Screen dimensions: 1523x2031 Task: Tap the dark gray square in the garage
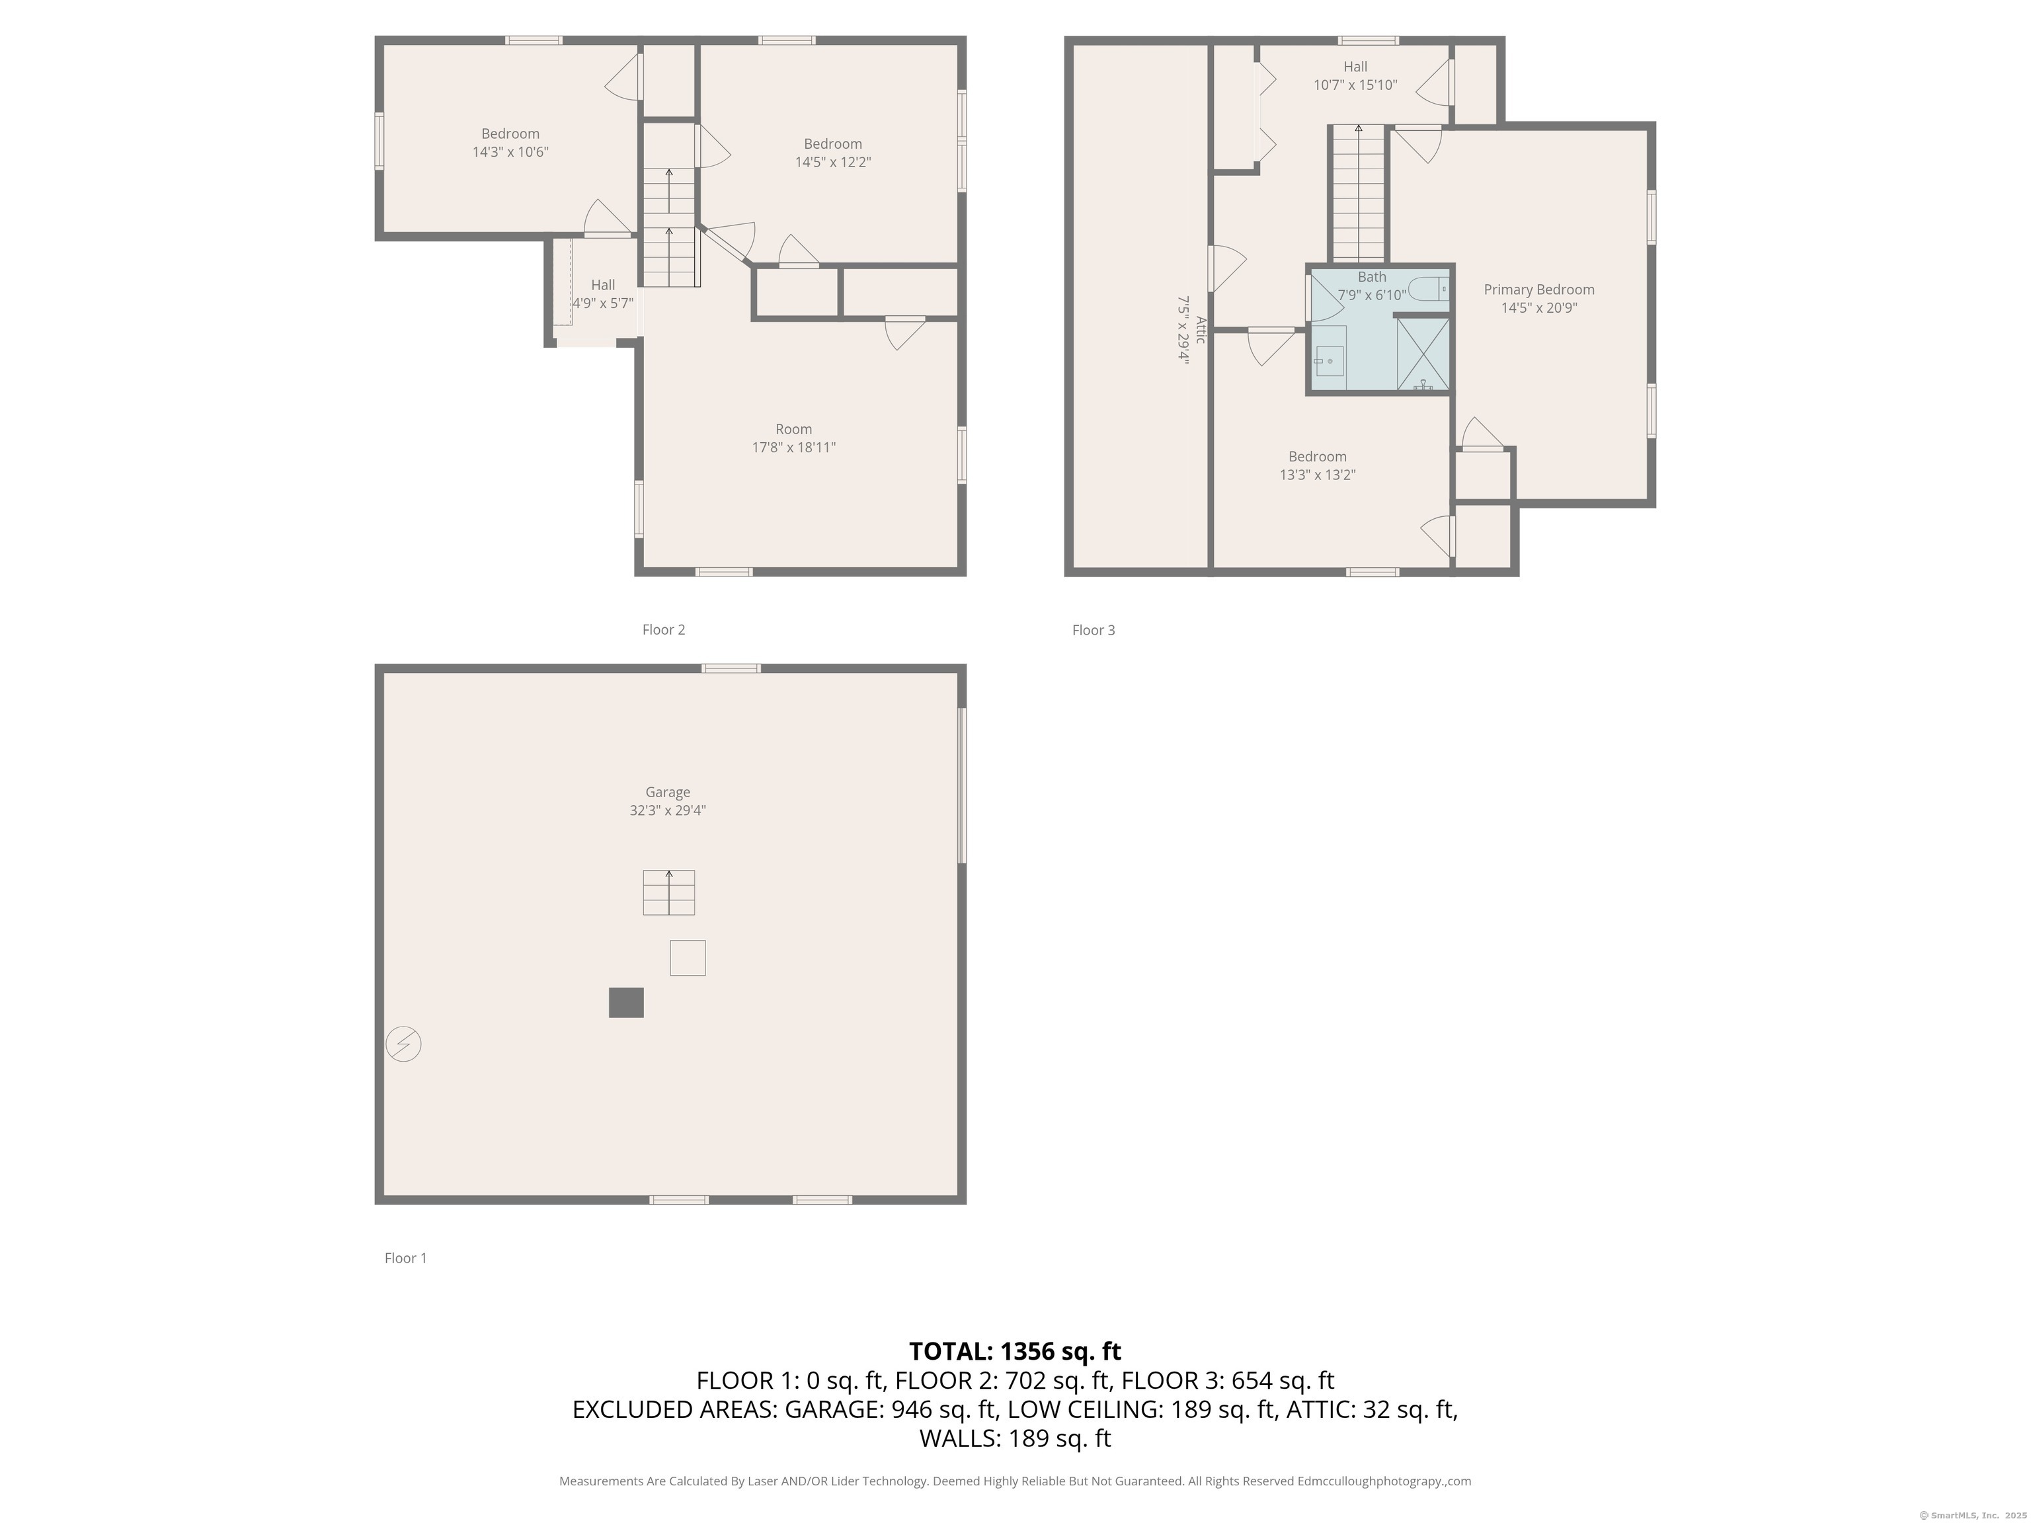point(626,1003)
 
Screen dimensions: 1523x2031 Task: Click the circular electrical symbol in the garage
point(403,1044)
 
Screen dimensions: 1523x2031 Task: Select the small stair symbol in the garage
point(668,892)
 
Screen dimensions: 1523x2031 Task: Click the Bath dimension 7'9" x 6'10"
point(1372,295)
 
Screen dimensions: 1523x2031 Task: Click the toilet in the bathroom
point(1429,289)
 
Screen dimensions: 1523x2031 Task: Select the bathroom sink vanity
point(1328,359)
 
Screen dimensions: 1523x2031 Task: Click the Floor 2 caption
point(663,630)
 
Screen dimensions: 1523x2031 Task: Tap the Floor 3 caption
point(1094,630)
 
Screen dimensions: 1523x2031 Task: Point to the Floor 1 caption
point(405,1258)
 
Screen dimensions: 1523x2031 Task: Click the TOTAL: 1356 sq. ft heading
point(1015,1351)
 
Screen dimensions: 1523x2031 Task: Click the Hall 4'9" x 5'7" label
point(602,293)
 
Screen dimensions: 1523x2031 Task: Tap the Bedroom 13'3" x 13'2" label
point(1318,465)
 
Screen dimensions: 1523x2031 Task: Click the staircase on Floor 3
point(1358,193)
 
